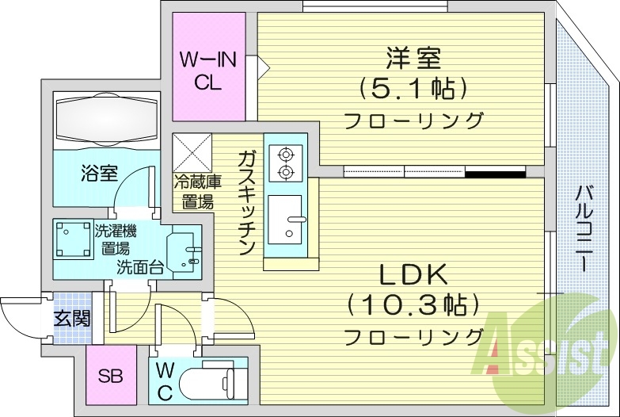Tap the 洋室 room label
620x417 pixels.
click(x=413, y=58)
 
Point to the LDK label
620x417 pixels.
click(x=414, y=275)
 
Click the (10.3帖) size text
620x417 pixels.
click(x=414, y=304)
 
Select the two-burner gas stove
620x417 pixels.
click(x=284, y=163)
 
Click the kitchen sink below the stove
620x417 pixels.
click(x=285, y=216)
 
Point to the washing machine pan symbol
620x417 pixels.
click(x=73, y=239)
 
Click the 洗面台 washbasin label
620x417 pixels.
click(x=140, y=267)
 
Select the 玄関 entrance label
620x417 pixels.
click(x=70, y=319)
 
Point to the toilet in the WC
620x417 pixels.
click(x=207, y=384)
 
